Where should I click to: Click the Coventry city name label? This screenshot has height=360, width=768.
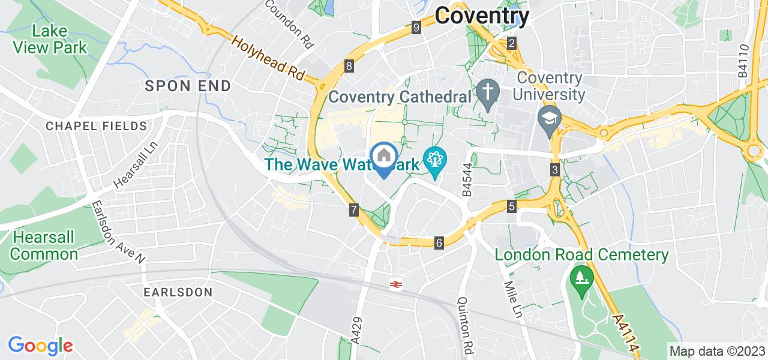[x=482, y=16]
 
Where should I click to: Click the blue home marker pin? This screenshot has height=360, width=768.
[x=384, y=157]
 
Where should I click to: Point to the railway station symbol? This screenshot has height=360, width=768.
[x=395, y=284]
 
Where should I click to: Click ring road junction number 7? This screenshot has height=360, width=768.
[x=354, y=210]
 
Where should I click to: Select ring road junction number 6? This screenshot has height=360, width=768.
[x=439, y=243]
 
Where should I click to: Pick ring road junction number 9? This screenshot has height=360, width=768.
[x=416, y=27]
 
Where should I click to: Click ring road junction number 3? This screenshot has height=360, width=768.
[x=555, y=170]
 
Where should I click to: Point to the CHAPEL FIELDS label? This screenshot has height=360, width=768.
[x=97, y=126]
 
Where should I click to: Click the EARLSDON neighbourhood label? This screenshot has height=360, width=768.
[x=178, y=292]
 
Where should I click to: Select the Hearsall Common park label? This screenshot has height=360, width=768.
[x=44, y=245]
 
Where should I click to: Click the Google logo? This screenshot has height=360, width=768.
[x=40, y=346]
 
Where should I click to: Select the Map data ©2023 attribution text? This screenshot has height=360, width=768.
[x=717, y=351]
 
